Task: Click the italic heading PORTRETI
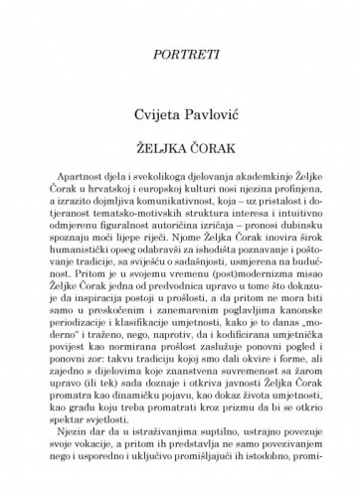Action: (179, 73)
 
